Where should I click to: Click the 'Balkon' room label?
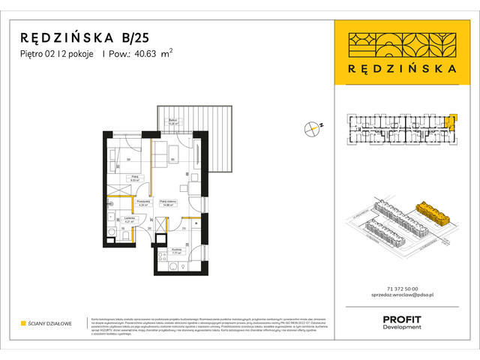pos(172,121)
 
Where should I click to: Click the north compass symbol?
pos(312,128)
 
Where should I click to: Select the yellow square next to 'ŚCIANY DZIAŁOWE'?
pos(23,323)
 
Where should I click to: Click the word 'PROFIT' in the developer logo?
pos(401,319)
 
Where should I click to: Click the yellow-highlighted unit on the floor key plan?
pos(449,122)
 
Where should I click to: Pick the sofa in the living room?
pos(158,154)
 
